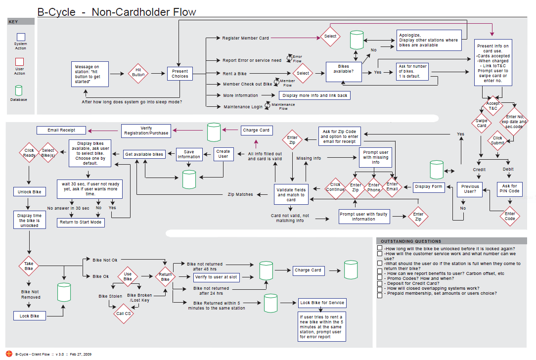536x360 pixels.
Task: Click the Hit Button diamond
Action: [x=138, y=74]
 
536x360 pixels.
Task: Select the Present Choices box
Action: [x=179, y=74]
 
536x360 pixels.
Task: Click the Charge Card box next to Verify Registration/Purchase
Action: [x=256, y=131]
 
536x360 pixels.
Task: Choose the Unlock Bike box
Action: [x=30, y=191]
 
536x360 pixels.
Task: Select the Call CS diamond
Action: [x=123, y=313]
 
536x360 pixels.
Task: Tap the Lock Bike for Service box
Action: [x=322, y=303]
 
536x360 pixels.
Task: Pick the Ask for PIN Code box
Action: [x=509, y=188]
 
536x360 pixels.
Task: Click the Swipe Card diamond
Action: [x=482, y=123]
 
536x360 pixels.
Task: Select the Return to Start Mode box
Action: [x=81, y=222]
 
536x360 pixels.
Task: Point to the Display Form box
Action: [x=429, y=186]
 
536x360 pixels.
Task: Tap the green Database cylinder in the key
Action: [x=19, y=90]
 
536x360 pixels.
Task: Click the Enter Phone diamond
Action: [x=374, y=187]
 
